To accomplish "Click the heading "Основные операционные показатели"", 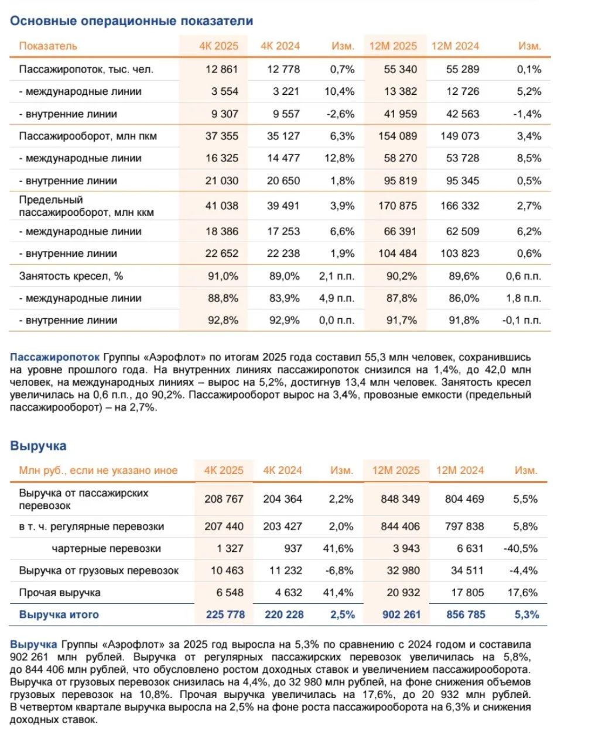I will [x=131, y=21].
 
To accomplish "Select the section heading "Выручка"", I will [x=38, y=446].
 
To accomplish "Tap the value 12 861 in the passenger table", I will [x=221, y=69].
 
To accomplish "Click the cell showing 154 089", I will [x=401, y=136].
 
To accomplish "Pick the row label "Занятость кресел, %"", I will [x=71, y=276].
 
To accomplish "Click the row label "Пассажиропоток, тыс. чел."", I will [x=86, y=69].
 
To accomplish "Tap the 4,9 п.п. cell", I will [x=337, y=298].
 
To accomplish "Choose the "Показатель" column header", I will [x=48, y=46].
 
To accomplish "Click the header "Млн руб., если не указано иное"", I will [x=98, y=470].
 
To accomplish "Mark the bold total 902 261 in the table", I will [x=401, y=614].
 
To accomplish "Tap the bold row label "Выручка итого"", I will [x=59, y=614].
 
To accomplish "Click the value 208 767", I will [x=224, y=499].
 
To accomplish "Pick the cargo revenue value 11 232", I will [x=283, y=571].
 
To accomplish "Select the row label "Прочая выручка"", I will [x=60, y=593].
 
